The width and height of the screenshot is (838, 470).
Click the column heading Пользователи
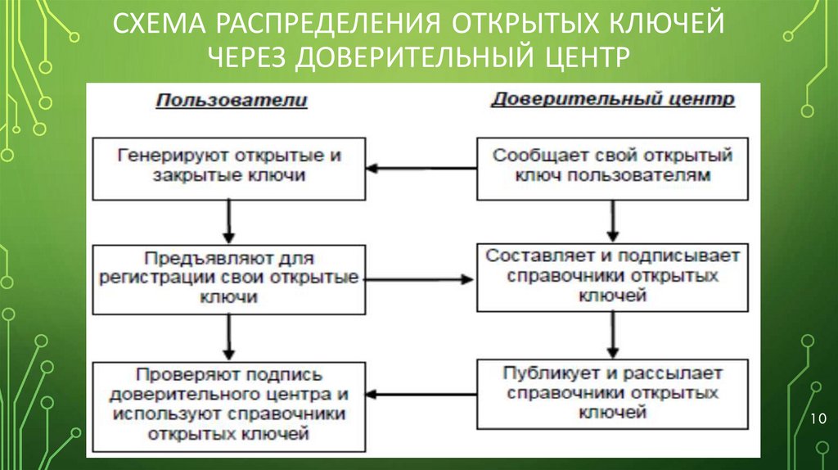pos(232,101)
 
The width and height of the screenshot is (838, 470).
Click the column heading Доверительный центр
pos(612,100)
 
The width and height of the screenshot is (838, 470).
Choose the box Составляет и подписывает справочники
pos(612,276)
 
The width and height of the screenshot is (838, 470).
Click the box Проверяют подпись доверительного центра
pos(228,403)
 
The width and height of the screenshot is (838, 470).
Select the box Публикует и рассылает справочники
pos(612,393)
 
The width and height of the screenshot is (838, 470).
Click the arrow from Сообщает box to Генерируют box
pos(421,169)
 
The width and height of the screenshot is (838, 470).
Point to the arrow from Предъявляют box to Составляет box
pos(421,278)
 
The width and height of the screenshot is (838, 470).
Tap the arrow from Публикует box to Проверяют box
pos(421,395)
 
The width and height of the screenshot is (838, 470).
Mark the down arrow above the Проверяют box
pos(229,336)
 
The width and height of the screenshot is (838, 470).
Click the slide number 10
pos(817,420)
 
